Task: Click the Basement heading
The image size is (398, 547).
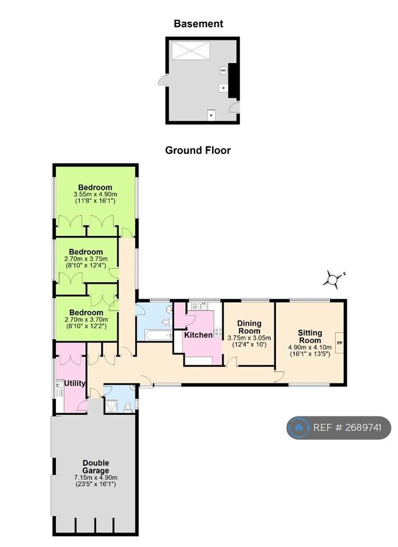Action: click(198, 24)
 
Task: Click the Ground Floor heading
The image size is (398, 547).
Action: click(198, 150)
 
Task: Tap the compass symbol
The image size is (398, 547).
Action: click(333, 279)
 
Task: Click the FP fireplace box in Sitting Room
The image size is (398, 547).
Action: click(339, 342)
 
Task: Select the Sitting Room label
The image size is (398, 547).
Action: click(310, 336)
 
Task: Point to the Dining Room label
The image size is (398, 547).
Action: click(249, 327)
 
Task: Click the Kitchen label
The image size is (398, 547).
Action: click(198, 335)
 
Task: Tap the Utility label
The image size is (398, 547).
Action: click(75, 383)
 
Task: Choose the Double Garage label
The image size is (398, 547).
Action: click(96, 467)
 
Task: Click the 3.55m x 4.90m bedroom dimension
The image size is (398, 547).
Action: click(95, 194)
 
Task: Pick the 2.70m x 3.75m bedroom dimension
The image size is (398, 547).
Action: click(86, 259)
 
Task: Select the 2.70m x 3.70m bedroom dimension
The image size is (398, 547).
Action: click(86, 320)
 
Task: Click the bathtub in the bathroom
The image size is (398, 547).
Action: click(158, 336)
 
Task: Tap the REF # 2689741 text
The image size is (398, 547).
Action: click(347, 427)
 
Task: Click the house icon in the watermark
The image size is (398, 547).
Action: click(299, 427)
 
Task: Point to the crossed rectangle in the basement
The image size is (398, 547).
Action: click(190, 51)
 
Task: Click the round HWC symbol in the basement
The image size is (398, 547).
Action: click(223, 71)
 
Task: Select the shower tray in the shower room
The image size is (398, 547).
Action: click(112, 406)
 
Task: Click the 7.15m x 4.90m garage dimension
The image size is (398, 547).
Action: click(96, 477)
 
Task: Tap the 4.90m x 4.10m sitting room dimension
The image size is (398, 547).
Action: click(310, 348)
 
